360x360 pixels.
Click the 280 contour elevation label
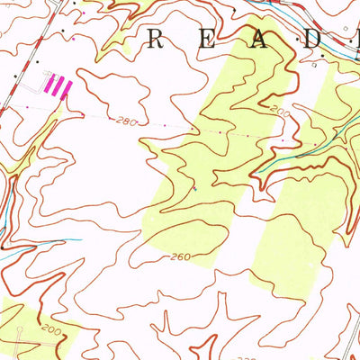pyautogui.click(x=125, y=120)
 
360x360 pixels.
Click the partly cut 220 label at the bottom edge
pyautogui.click(x=245, y=356)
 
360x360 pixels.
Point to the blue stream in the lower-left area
pyautogui.click(x=45, y=245)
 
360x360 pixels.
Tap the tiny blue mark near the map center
pyautogui.click(x=194, y=189)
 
